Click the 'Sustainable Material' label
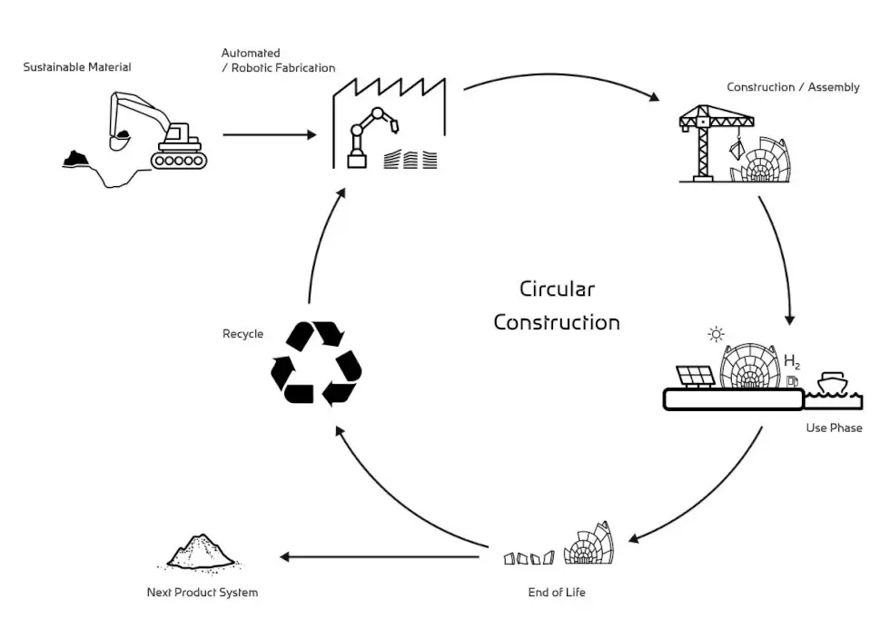point(77,67)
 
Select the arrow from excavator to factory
point(269,135)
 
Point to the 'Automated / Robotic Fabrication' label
point(278,61)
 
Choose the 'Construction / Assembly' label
point(793,88)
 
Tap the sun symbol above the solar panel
point(716,335)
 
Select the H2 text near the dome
point(791,362)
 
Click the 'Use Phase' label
point(834,428)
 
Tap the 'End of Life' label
point(557,593)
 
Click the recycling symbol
point(316,363)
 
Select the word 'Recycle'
point(242,334)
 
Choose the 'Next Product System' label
point(203,593)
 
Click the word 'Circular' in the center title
point(557,290)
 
